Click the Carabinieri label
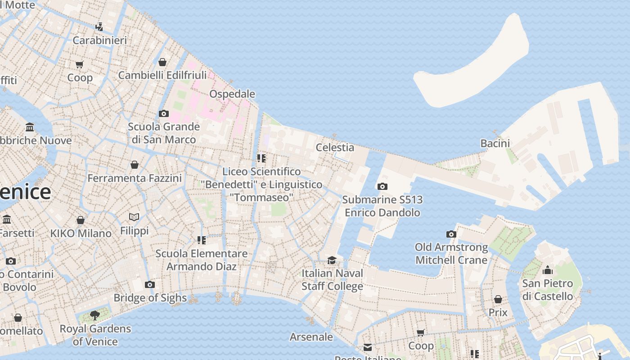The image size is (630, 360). [99, 40]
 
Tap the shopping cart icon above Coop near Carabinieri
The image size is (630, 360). [80, 65]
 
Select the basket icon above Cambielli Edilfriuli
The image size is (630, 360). [162, 62]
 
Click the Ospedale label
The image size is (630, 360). [232, 94]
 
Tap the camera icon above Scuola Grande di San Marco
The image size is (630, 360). [164, 113]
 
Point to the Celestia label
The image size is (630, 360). [335, 147]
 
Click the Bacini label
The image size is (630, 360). [495, 144]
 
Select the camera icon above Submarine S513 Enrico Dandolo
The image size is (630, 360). [382, 186]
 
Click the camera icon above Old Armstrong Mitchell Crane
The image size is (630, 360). [451, 234]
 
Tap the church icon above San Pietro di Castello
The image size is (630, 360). [548, 270]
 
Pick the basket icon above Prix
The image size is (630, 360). [498, 299]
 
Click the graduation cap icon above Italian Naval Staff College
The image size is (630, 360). [332, 260]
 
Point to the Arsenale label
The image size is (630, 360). [311, 337]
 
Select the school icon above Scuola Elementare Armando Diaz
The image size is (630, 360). [201, 240]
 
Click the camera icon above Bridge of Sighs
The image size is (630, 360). [150, 284]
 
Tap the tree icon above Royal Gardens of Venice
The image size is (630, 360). [95, 315]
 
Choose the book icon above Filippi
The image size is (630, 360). [134, 217]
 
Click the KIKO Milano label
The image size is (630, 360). [81, 234]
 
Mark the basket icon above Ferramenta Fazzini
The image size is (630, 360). [134, 165]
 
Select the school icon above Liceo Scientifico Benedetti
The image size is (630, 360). [261, 158]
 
